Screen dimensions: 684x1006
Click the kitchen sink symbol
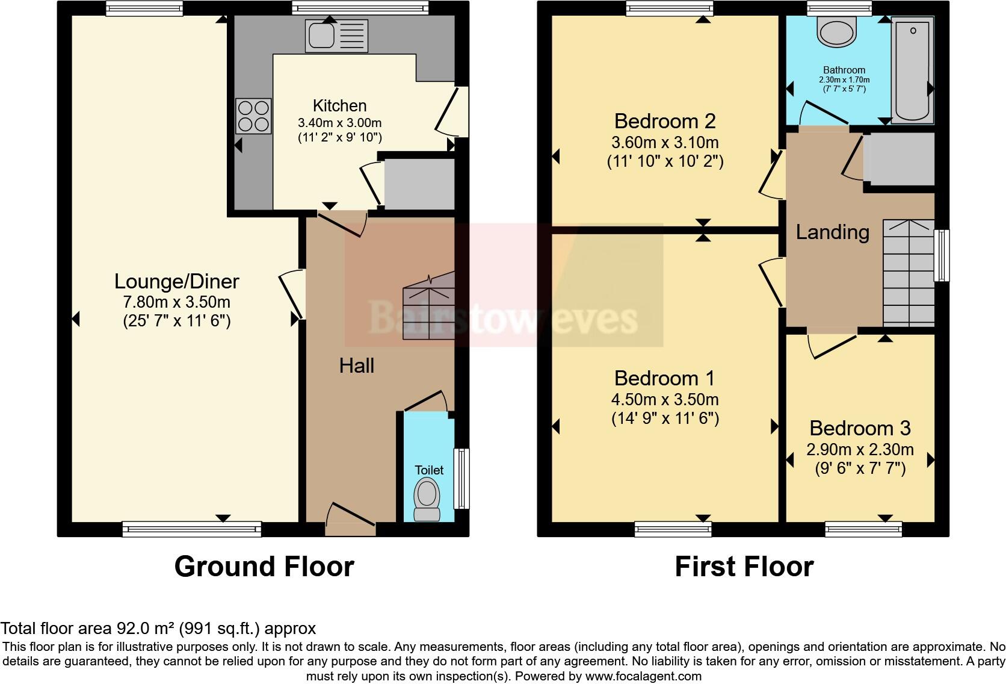coord(336,34)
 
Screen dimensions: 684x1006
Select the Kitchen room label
coord(339,106)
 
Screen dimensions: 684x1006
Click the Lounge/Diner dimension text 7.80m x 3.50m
coord(177,302)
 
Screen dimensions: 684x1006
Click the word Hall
coord(356,365)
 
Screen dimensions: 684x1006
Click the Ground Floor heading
coord(264,567)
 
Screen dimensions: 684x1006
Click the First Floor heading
coord(744,567)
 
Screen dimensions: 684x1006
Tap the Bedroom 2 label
coord(664,121)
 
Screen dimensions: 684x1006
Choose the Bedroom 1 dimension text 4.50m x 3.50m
coord(664,400)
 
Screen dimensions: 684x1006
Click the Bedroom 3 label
coord(859,428)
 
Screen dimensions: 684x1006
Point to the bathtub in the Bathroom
coord(912,69)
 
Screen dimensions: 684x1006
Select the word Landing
coord(832,232)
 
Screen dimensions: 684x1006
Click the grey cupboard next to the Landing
coord(899,159)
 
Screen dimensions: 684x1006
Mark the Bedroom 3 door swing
coord(831,344)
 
